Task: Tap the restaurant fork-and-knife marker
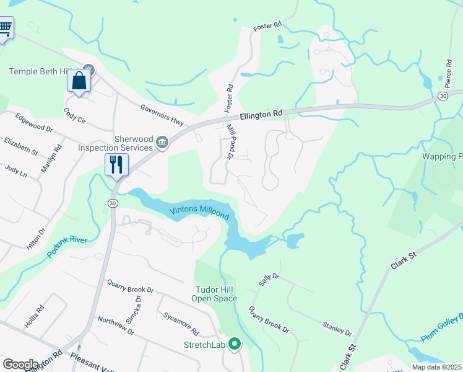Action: tap(116, 164)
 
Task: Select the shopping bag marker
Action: tap(79, 81)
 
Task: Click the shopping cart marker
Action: tap(5, 27)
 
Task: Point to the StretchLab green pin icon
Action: tap(235, 344)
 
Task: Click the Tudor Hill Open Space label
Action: tap(216, 294)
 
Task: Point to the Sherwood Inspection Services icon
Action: tap(162, 143)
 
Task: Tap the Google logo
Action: tap(20, 365)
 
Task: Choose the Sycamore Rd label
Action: tap(181, 323)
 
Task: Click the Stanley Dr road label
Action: tap(337, 328)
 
